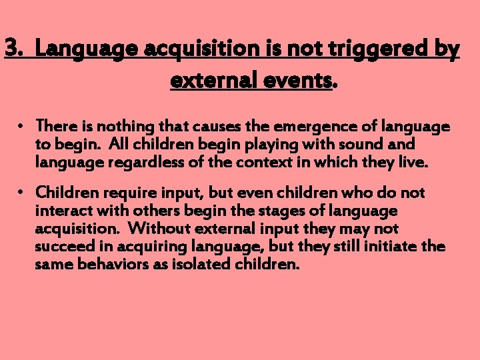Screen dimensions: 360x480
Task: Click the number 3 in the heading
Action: tap(12, 49)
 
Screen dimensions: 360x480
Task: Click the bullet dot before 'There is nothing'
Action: tap(21, 126)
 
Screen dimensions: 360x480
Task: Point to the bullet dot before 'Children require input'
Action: tap(21, 193)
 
